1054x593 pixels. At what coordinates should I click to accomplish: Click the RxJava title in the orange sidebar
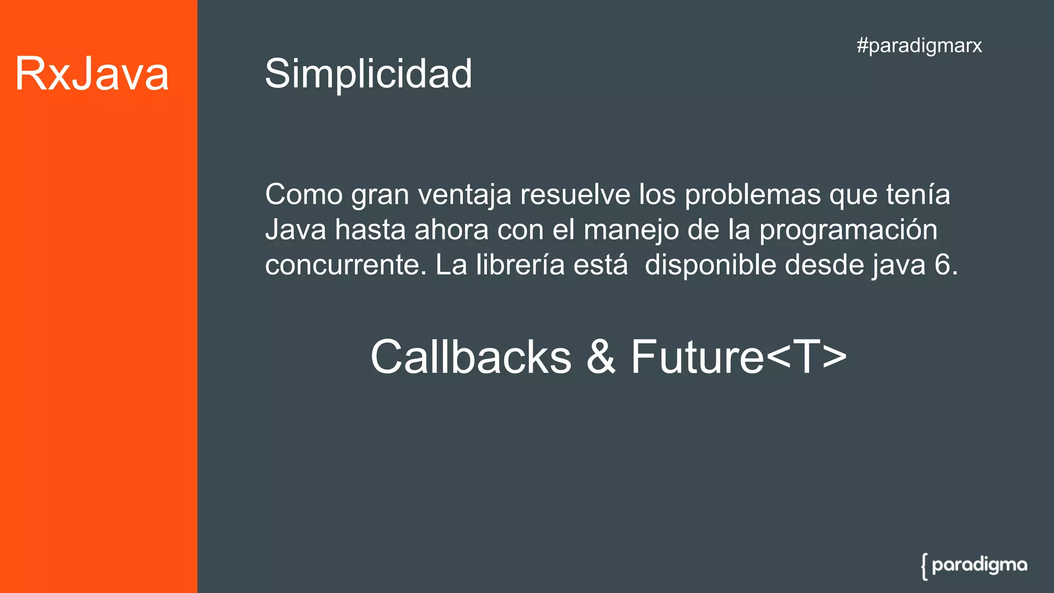pyautogui.click(x=92, y=74)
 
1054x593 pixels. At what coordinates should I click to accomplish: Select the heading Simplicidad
pyautogui.click(x=368, y=74)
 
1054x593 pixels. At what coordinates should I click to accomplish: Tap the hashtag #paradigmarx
pyautogui.click(x=919, y=46)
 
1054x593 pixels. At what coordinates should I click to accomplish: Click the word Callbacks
pyautogui.click(x=471, y=357)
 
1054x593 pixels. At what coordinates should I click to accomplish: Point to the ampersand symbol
pyautogui.click(x=601, y=357)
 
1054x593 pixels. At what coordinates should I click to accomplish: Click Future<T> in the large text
pyautogui.click(x=739, y=357)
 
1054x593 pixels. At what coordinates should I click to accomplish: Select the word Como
pyautogui.click(x=304, y=195)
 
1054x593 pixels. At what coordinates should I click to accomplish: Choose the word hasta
pyautogui.click(x=370, y=230)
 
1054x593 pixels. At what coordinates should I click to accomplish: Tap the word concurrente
pyautogui.click(x=345, y=266)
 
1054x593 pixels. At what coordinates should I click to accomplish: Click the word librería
pyautogui.click(x=520, y=265)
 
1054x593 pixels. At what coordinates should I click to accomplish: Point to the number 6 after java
pyautogui.click(x=942, y=265)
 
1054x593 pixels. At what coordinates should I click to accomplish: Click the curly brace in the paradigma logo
pyautogui.click(x=925, y=567)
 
